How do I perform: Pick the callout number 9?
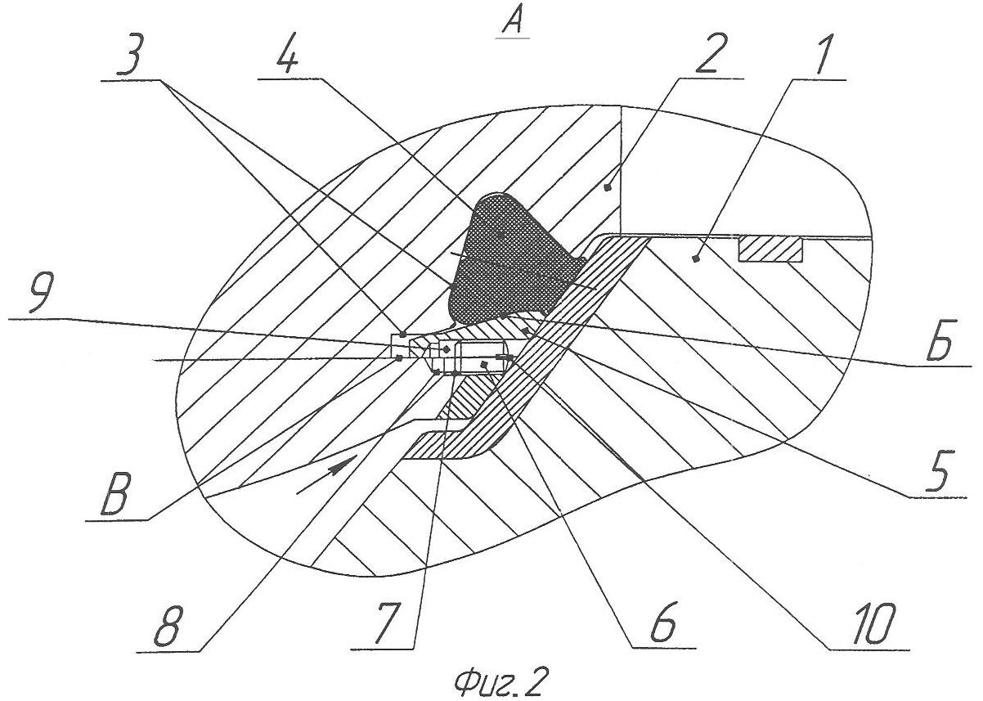(x=43, y=292)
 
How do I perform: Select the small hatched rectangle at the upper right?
(x=770, y=249)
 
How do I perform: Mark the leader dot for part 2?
(x=608, y=187)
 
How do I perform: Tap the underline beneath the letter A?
(x=512, y=38)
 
